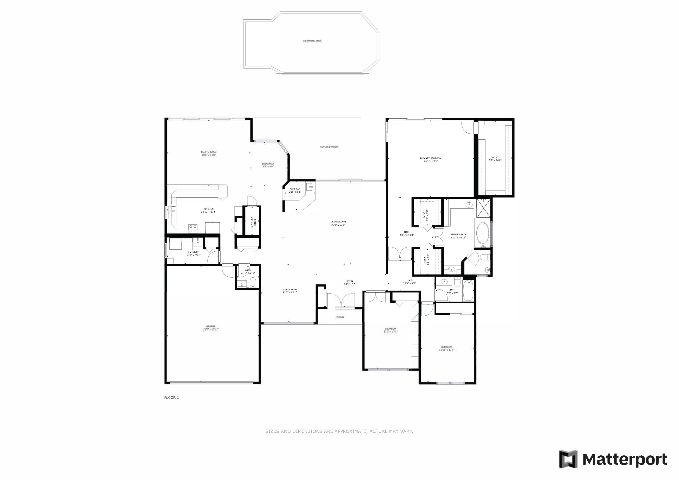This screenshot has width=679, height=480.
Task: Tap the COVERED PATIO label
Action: tap(329, 147)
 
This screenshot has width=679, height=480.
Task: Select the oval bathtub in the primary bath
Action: tap(483, 233)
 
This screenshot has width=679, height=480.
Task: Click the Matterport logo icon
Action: tap(568, 459)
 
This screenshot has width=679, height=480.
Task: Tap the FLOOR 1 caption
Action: tap(172, 397)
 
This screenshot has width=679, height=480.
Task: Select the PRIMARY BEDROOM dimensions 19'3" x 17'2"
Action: tap(430, 162)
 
